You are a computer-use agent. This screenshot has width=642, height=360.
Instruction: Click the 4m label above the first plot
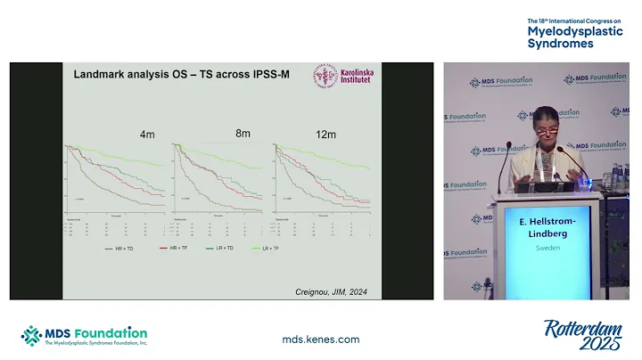(x=147, y=135)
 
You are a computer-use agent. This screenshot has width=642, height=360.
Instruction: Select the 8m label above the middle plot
(x=243, y=133)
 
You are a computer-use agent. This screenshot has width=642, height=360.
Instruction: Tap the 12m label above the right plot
(x=325, y=135)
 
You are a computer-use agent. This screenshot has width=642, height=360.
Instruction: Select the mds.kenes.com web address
(x=320, y=339)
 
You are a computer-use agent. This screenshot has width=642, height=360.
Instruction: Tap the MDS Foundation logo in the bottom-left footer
(x=84, y=335)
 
